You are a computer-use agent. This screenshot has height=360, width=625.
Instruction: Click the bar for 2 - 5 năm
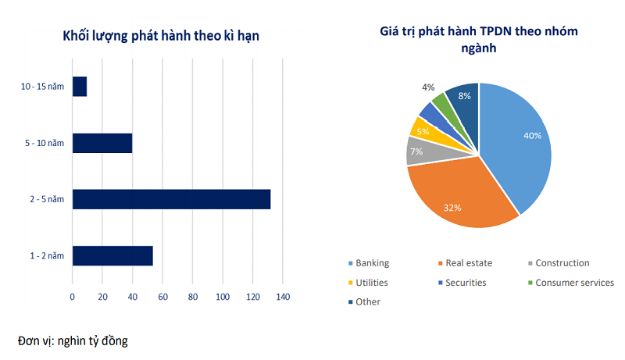(x=171, y=199)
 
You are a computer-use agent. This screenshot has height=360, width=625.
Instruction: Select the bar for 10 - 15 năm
(x=80, y=87)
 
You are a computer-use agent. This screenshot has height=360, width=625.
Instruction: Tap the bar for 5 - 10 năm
(x=102, y=143)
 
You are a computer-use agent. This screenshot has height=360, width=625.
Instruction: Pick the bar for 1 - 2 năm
(x=112, y=255)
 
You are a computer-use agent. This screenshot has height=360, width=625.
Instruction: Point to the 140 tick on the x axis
(x=283, y=297)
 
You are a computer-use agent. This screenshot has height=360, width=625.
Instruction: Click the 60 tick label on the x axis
(x=162, y=297)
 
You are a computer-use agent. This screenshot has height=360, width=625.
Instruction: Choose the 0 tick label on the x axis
(x=73, y=297)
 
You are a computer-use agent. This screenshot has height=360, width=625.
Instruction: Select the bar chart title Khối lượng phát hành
(x=161, y=36)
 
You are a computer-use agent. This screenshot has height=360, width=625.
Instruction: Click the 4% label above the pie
(x=428, y=87)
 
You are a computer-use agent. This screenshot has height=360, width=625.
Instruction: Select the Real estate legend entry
(x=468, y=263)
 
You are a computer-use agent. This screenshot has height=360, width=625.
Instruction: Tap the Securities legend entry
(x=466, y=283)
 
